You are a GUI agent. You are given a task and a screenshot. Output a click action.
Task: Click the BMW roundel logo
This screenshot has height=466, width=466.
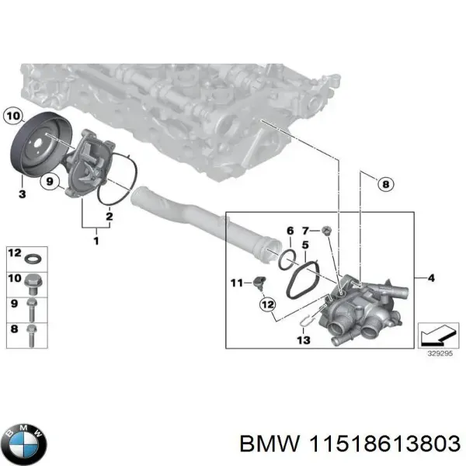pos(24,444)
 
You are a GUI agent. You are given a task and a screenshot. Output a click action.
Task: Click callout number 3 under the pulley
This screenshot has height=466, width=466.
pos(23,192)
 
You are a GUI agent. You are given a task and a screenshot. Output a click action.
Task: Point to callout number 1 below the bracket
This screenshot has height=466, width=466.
pos(96,242)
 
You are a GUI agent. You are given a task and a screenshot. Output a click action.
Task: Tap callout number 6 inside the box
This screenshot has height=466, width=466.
pos(290,231)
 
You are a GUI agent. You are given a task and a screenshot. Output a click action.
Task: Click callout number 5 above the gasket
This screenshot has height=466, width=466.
pos(305,245)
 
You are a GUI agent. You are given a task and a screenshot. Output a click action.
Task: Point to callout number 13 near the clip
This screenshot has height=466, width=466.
pos(303,339)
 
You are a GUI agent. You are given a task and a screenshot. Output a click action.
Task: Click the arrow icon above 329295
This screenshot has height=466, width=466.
pos(438,334)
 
